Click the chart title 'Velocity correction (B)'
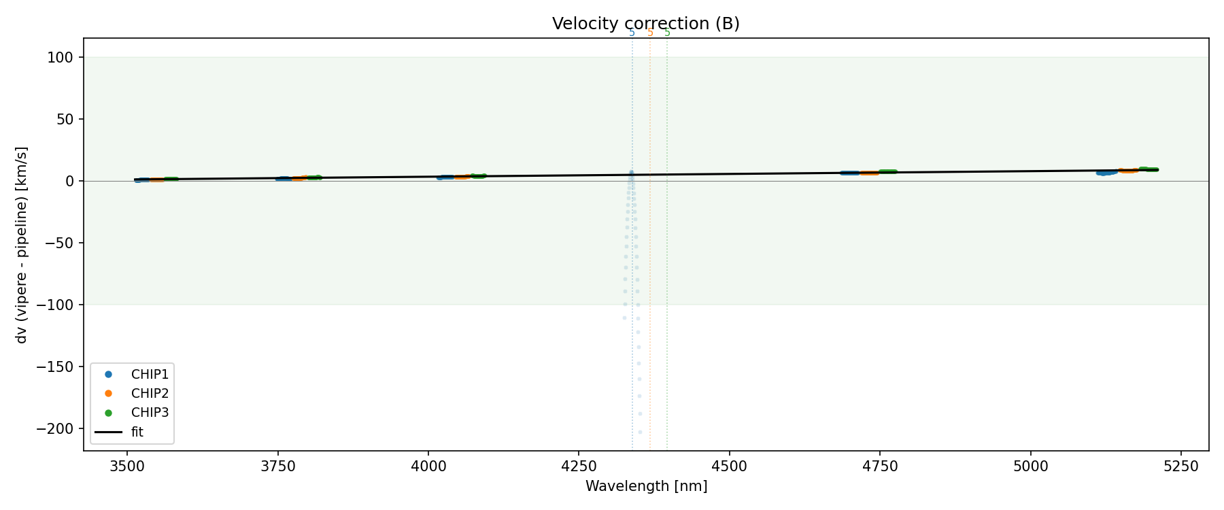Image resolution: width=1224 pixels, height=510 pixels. [x=645, y=24]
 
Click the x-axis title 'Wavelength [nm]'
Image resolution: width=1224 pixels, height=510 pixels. [x=646, y=486]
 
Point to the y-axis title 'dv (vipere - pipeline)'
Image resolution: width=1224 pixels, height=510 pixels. [x=22, y=245]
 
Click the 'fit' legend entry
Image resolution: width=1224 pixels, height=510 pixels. [x=137, y=432]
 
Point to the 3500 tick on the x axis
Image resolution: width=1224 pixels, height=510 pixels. [x=127, y=466]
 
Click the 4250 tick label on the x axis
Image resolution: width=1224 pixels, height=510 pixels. [x=579, y=466]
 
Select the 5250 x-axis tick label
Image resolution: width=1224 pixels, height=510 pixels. [x=1180, y=466]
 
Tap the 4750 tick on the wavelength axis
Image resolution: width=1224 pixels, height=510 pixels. [x=880, y=466]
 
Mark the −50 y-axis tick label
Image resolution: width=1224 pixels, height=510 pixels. [x=60, y=243]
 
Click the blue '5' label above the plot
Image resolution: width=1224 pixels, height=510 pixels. [x=632, y=33]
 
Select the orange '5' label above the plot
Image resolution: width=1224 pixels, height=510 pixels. [x=650, y=33]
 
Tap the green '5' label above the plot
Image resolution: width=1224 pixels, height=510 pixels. [x=667, y=33]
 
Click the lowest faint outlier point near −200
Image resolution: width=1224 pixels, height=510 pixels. [x=640, y=432]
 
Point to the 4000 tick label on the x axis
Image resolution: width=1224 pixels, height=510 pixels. [x=428, y=466]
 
